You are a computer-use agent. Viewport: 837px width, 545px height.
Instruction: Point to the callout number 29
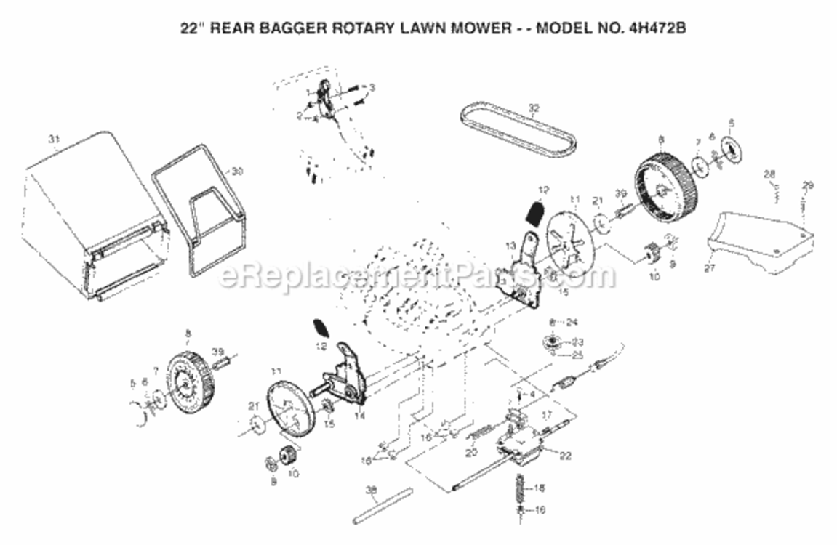(807, 186)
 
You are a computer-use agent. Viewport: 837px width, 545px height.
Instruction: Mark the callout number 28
(769, 174)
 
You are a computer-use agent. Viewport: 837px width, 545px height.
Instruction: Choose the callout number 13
(510, 244)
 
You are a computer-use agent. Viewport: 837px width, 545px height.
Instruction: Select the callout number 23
(579, 342)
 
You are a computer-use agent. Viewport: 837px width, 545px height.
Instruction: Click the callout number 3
(372, 88)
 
